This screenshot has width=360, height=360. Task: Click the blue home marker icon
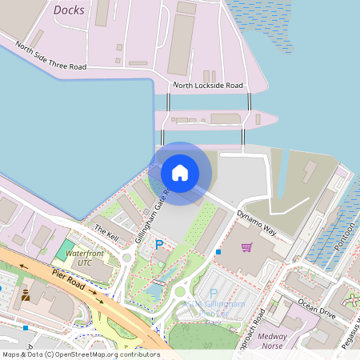180,172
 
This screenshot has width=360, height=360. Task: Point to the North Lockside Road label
207,85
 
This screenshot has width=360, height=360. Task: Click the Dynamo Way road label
256,222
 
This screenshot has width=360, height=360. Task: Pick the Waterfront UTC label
85,258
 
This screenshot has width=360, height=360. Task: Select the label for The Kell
106,230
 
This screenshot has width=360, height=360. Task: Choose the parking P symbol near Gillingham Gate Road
159,243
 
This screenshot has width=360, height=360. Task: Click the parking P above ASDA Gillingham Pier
214,294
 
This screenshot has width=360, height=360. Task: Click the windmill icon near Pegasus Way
352,301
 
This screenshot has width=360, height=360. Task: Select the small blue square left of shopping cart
218,252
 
